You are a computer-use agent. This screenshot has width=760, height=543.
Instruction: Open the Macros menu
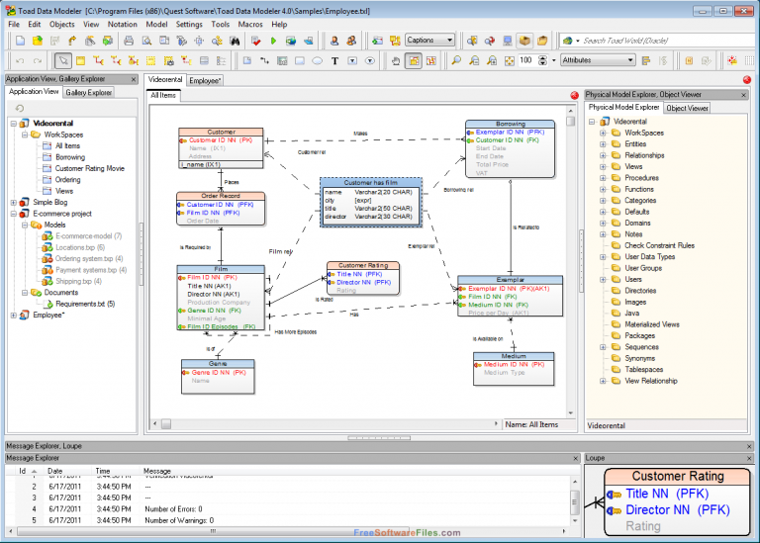250,23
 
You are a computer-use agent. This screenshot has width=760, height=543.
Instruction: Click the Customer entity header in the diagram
221,132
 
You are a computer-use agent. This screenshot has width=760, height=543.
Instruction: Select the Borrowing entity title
511,125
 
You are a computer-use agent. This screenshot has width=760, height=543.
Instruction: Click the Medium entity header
514,356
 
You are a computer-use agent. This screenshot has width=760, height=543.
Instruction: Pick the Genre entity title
218,364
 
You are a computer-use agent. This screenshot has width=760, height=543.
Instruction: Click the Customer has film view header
371,182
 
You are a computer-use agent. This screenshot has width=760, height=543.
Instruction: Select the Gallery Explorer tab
89,92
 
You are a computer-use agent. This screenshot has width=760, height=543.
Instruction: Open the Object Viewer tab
687,108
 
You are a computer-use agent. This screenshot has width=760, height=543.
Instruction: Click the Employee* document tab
205,80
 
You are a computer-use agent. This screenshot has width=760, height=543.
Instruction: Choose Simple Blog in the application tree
49,202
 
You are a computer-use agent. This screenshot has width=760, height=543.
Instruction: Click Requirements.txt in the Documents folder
84,304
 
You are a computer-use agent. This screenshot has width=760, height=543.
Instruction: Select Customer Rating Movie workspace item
89,168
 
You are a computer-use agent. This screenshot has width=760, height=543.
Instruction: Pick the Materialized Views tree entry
651,324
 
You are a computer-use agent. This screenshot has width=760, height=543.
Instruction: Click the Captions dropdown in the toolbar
430,41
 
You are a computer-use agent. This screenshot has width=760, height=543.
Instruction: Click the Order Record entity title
221,196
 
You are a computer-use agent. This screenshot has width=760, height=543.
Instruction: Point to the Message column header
156,471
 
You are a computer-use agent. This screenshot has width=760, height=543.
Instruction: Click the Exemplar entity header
511,280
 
